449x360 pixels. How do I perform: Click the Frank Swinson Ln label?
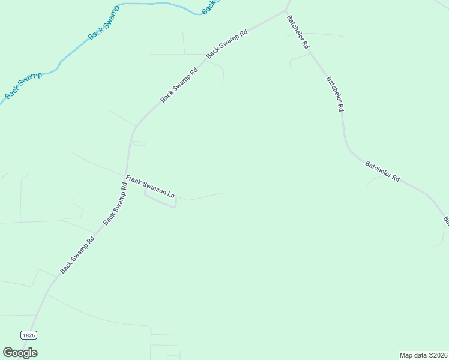150,187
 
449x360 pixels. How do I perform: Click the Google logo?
20,353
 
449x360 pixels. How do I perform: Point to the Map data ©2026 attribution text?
423,355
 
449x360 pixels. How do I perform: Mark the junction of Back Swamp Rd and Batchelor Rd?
287,11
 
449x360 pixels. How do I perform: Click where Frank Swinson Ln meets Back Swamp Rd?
126,175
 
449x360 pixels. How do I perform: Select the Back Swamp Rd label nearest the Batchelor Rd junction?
227,44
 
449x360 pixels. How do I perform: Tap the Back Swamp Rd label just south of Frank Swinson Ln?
115,204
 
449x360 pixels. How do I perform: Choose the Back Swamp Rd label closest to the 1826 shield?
77,254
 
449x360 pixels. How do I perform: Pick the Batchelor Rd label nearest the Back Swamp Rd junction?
298,32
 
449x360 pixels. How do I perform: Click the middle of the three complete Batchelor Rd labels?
335,94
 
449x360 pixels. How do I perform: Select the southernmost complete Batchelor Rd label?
382,170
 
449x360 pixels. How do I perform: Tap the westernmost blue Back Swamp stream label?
23,86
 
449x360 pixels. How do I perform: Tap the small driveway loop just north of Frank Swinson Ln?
139,143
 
